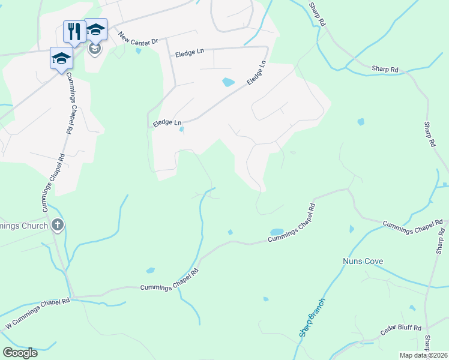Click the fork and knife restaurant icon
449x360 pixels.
pyautogui.click(x=74, y=30)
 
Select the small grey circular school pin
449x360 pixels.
pyautogui.click(x=94, y=48)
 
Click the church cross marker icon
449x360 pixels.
pyautogui.click(x=58, y=226)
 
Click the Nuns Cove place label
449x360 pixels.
pyautogui.click(x=363, y=262)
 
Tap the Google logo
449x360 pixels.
pyautogui.click(x=20, y=353)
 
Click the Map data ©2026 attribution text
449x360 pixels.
pyautogui.click(x=423, y=355)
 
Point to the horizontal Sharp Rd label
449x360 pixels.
pyautogui.click(x=385, y=70)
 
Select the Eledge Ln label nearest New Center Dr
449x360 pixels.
pyautogui.click(x=190, y=53)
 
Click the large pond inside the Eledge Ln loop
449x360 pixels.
pyautogui.click(x=228, y=82)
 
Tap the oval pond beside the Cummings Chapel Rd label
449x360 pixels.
pyautogui.click(x=277, y=232)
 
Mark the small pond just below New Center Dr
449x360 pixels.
pyautogui.click(x=139, y=51)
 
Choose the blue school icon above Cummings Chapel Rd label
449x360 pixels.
pyautogui.click(x=61, y=58)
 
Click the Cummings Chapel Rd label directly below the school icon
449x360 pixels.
pyautogui.click(x=70, y=103)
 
